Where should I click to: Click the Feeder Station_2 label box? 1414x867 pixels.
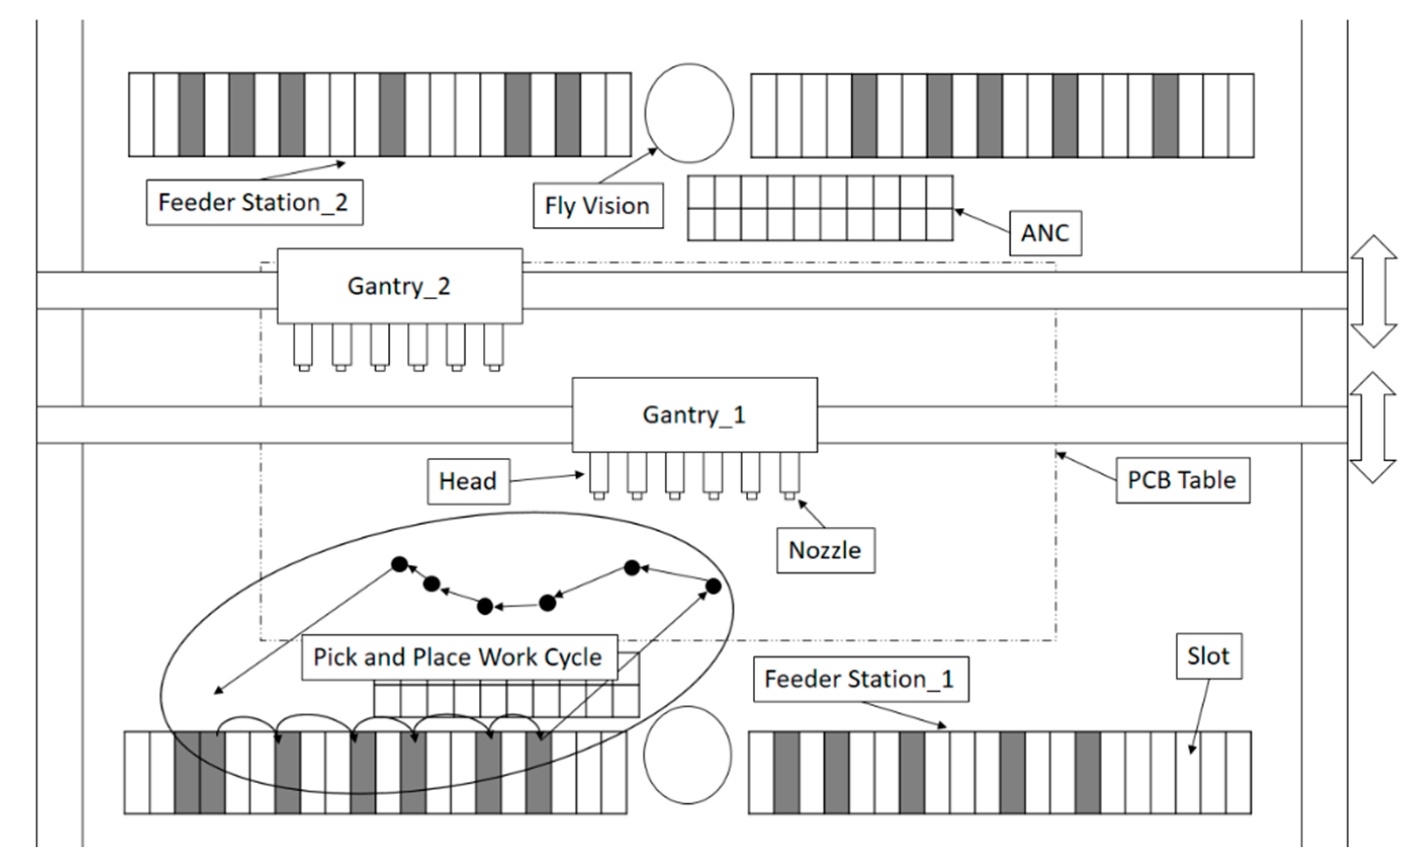point(255,203)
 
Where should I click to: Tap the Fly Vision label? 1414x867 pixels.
point(598,206)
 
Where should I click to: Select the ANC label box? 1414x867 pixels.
point(1045,233)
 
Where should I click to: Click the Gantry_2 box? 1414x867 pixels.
point(400,286)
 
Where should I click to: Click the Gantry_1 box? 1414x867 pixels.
point(695,414)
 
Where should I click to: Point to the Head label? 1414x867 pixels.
point(468,481)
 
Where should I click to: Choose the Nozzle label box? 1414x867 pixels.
point(826,550)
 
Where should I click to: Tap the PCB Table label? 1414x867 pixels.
point(1183,480)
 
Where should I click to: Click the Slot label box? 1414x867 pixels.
point(1209,656)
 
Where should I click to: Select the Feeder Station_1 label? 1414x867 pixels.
point(861,679)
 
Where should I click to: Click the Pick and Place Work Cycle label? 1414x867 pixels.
point(460,657)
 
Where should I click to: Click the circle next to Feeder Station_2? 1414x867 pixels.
point(689,113)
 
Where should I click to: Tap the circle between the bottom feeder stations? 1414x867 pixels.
point(688,755)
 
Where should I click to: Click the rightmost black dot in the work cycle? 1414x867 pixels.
point(713,586)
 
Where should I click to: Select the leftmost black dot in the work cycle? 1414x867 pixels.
point(399,565)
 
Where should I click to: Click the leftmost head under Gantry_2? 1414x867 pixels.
point(303,347)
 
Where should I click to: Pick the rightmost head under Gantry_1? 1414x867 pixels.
point(790,476)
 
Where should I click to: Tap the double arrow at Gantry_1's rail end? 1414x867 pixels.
point(1373,428)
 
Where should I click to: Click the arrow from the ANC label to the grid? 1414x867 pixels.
point(982,221)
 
